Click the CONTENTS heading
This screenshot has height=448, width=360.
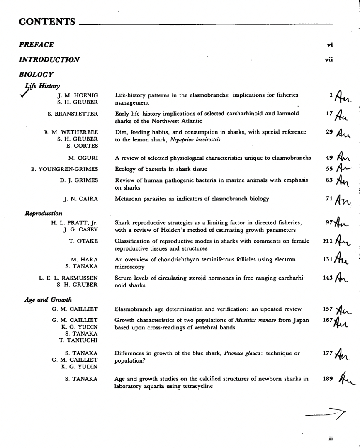coord(47,22)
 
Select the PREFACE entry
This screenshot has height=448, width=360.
coord(36,44)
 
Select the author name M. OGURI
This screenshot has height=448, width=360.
coord(83,158)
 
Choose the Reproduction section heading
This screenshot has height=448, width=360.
coord(44,214)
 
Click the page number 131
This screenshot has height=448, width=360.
coord(328,260)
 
